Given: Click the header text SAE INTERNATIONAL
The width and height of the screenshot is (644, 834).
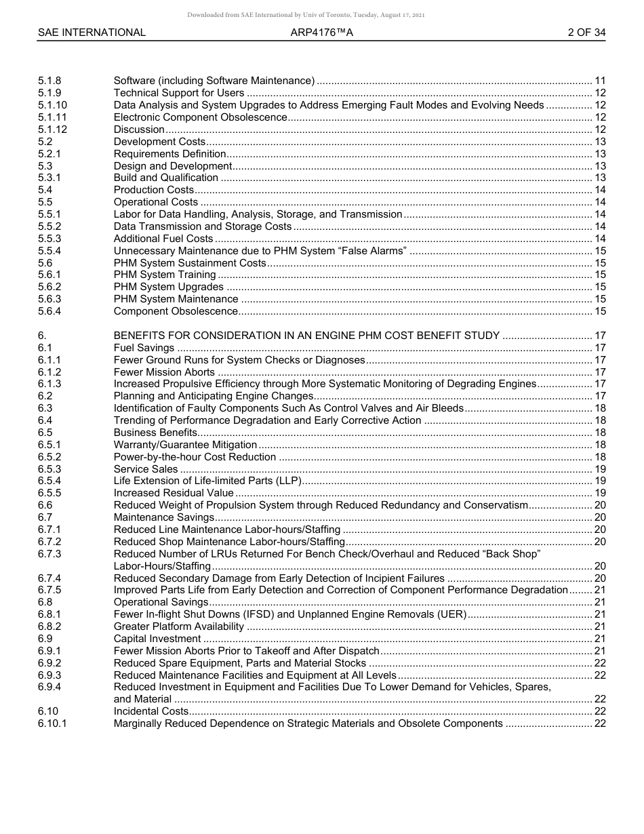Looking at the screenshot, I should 92,33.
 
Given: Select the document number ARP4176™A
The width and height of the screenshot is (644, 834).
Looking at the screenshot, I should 321,33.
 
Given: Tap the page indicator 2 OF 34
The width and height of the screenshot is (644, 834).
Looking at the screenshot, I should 586,33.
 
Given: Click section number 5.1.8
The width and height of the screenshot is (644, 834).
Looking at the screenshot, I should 49,81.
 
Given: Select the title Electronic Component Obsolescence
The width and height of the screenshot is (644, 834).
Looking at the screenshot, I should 200,117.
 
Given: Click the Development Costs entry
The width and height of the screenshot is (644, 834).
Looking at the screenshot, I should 159,142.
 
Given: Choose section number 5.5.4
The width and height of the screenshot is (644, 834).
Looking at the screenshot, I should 49,251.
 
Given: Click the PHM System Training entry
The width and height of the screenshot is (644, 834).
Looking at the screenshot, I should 165,275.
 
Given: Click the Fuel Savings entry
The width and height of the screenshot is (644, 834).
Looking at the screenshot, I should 144,348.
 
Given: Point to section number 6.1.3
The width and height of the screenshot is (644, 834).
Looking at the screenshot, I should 49,384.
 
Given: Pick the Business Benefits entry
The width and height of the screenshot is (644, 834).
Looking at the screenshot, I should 155,433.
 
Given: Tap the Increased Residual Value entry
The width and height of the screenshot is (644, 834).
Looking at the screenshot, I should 174,493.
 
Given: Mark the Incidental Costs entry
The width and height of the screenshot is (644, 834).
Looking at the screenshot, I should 151,711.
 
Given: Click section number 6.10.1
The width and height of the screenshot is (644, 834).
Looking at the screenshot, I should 52,723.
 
